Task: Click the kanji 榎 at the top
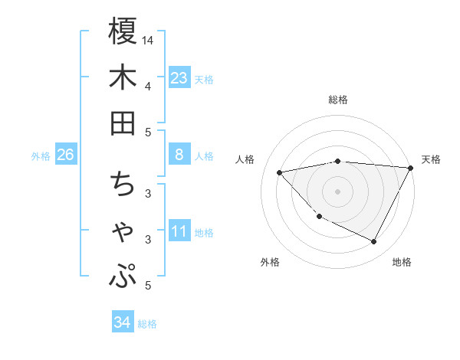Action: pos(123,32)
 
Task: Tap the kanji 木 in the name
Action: pos(123,78)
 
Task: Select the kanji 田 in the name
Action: pos(123,123)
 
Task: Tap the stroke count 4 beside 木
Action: pos(148,86)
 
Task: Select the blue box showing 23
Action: pos(179,77)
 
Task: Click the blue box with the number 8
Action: pos(179,155)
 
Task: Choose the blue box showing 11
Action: pos(179,231)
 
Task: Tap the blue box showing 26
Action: pos(66,155)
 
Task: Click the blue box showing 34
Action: pos(122,322)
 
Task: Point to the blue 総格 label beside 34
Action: pos(148,324)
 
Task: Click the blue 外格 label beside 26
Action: pos(41,156)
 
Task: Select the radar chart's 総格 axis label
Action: pos(337,100)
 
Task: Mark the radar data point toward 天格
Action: pos(410,169)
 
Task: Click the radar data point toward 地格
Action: pos(373,242)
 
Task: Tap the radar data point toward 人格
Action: pos(280,172)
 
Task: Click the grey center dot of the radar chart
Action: pos(337,191)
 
